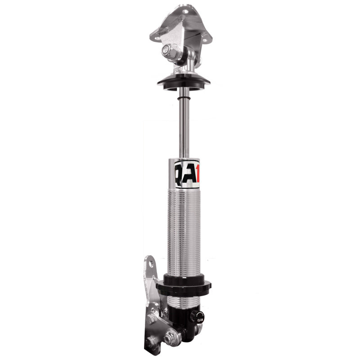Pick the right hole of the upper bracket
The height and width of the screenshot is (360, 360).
[205, 40]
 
